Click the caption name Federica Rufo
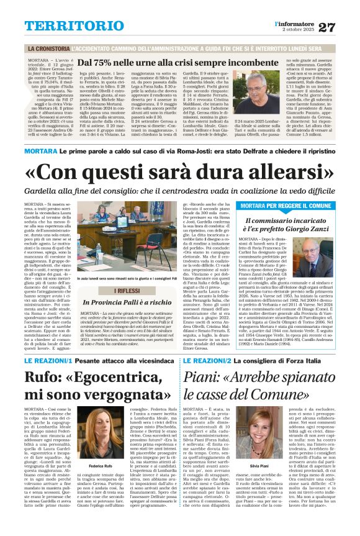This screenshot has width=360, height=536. pyautogui.click(x=100, y=466)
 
